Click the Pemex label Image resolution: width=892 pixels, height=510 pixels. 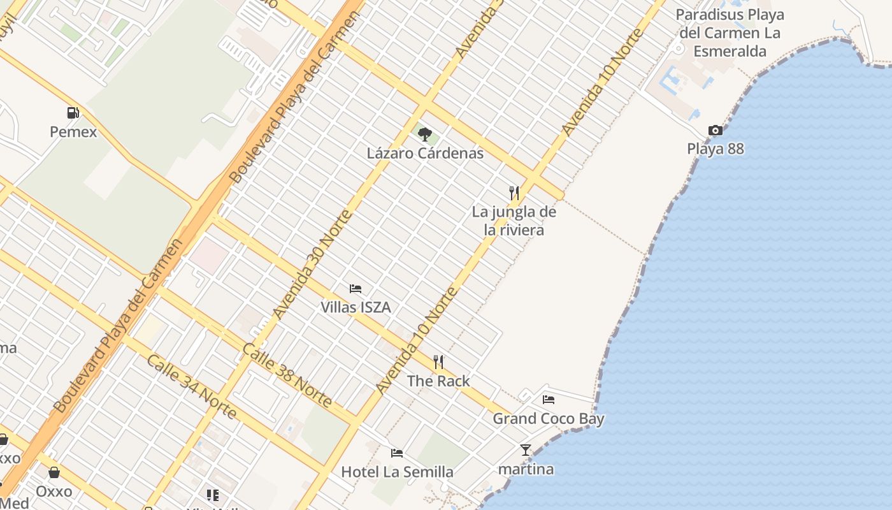click(73, 132)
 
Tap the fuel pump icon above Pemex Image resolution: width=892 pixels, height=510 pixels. click(73, 113)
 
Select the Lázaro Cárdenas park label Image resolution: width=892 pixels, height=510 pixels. click(425, 153)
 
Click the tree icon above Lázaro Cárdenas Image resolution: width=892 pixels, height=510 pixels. click(425, 135)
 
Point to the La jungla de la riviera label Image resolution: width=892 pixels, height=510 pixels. click(514, 221)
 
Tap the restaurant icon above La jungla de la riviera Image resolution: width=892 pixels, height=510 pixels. click(514, 193)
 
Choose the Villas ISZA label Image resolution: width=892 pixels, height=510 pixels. click(356, 307)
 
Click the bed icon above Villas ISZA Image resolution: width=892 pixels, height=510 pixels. click(356, 289)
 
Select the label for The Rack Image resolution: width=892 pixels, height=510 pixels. click(438, 381)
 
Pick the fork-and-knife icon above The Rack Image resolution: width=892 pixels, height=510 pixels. click(438, 362)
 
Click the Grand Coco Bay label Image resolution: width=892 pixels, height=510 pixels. click(549, 419)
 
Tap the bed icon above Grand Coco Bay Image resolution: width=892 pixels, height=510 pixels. click(549, 400)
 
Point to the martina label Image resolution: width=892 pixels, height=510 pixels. click(526, 469)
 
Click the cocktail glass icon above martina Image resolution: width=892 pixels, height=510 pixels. click(526, 450)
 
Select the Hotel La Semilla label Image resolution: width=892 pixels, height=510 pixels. click(397, 472)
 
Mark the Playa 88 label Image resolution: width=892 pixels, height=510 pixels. click(716, 149)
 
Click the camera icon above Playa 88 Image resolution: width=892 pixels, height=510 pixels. click(716, 131)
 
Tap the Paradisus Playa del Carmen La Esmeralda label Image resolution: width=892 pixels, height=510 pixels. click(730, 33)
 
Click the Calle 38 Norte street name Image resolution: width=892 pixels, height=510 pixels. click(287, 375)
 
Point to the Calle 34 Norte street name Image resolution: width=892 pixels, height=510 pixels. click(192, 386)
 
